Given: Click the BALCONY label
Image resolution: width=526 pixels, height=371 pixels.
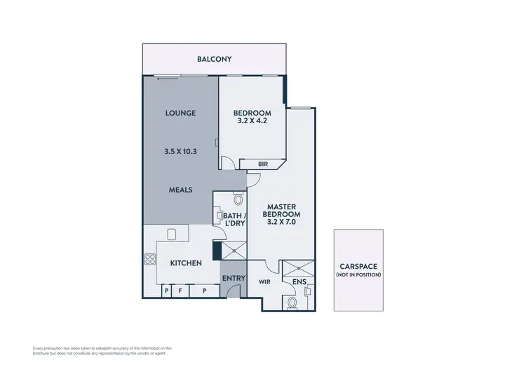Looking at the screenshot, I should tap(215, 59).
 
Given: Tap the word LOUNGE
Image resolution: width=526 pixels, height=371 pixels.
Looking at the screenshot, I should tap(180, 113).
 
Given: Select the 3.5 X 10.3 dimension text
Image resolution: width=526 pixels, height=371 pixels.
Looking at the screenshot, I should tap(180, 150).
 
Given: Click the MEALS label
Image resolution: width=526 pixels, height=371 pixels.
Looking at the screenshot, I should tap(180, 189).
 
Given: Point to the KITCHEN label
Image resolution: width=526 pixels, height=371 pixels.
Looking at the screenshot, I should tap(186, 263).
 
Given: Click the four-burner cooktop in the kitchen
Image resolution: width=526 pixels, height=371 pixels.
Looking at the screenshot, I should tap(149, 260).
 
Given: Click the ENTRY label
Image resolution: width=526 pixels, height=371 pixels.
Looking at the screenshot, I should tap(234, 279).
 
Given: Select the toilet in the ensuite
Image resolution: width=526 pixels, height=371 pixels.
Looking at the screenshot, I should tap(292, 302).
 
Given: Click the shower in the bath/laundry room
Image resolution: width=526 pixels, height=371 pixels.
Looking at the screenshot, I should tap(233, 250).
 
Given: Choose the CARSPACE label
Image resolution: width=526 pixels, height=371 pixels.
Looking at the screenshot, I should tap(358, 266).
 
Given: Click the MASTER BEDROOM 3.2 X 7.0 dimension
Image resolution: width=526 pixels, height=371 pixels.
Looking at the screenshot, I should tap(281, 222).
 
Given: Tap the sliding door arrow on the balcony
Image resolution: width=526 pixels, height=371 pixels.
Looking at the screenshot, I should tap(163, 78).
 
